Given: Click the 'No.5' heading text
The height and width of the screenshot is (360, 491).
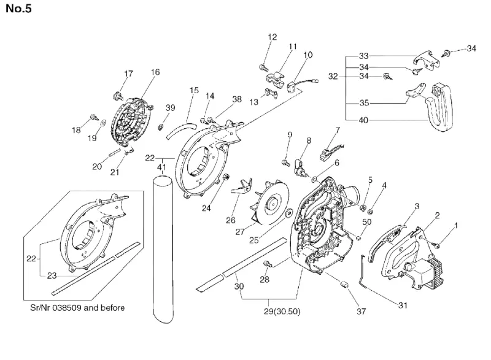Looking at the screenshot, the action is click(19, 9).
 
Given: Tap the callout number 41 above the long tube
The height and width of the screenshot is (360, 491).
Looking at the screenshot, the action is click(161, 167).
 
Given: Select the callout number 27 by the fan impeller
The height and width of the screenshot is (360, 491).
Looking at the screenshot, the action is click(240, 232).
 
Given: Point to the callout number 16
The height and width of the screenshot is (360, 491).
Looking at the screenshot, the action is click(155, 72).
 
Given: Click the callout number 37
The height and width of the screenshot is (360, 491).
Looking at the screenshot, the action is click(361, 311).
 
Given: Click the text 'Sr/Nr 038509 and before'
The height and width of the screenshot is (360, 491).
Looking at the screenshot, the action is click(77, 308).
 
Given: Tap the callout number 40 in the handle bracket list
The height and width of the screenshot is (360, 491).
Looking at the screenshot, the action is click(363, 120).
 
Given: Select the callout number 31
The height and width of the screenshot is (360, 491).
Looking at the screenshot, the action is click(403, 305).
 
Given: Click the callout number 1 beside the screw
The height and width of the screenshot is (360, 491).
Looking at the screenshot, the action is click(456, 225).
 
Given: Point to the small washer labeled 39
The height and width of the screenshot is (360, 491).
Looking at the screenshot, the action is click(161, 127).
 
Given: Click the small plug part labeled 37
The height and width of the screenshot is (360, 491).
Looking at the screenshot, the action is click(344, 285).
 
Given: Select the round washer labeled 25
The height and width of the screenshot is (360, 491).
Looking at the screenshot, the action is click(288, 213).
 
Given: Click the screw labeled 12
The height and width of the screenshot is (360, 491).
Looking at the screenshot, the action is click(263, 67).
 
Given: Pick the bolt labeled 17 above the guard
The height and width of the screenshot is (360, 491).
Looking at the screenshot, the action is click(117, 96).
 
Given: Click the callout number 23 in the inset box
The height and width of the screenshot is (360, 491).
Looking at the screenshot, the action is click(52, 275).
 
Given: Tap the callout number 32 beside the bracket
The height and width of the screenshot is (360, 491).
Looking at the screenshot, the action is click(333, 76).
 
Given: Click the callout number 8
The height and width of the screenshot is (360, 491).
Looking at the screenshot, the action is click(309, 140).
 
